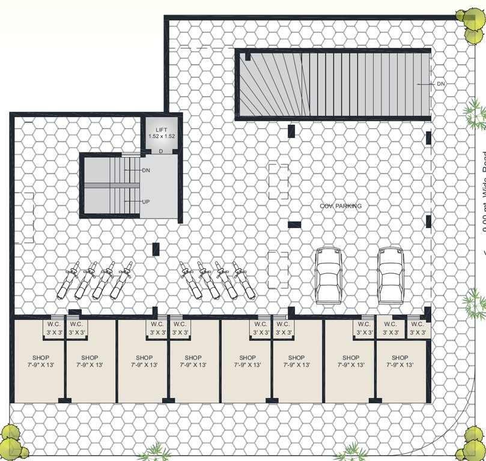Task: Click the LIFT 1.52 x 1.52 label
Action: [162, 133]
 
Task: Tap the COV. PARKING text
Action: [341, 206]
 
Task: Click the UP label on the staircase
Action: [145, 202]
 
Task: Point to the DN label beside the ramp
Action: [441, 83]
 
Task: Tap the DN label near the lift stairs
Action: [146, 170]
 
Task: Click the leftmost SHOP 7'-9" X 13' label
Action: [38, 361]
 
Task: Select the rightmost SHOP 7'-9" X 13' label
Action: [399, 361]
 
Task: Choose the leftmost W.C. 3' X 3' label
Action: [51, 328]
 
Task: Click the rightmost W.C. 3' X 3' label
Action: [417, 328]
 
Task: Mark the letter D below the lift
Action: [161, 151]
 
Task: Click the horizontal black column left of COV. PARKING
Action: [294, 224]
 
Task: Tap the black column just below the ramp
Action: [291, 131]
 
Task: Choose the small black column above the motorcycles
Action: [156, 249]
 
